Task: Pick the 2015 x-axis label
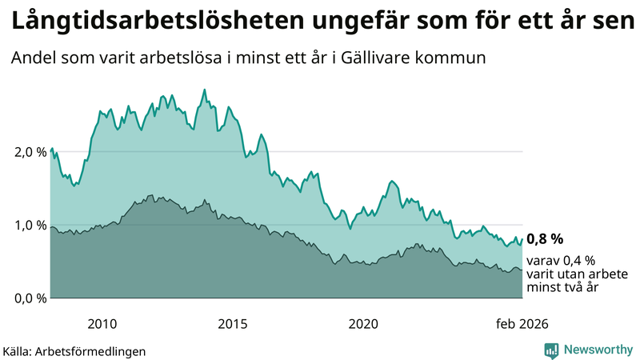(233, 323)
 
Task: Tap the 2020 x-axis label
(363, 323)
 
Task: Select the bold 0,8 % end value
(545, 238)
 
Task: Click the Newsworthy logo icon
(551, 350)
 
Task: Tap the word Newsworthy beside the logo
(598, 350)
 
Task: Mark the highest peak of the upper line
(204, 90)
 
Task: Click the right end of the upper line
(522, 238)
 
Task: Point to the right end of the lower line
(522, 270)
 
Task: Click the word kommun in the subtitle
(456, 58)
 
